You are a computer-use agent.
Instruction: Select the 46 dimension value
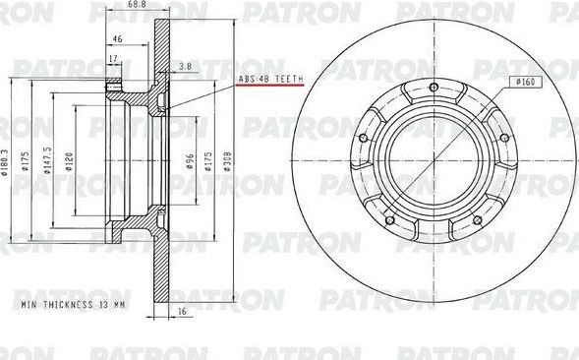coord(117,38)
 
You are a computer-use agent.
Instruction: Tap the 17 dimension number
coord(114,59)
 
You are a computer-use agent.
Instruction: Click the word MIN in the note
coord(29,306)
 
